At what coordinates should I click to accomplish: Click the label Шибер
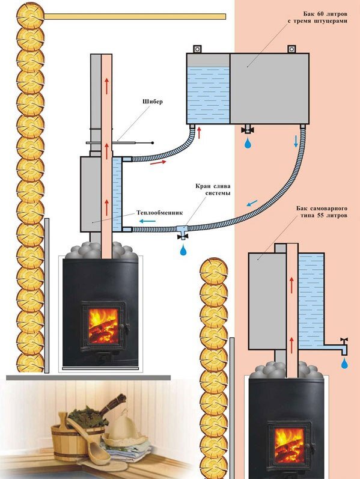tap(153, 102)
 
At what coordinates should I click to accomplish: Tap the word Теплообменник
tap(159, 213)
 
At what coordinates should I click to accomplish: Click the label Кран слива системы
tap(213, 189)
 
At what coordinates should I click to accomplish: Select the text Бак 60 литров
tap(325, 14)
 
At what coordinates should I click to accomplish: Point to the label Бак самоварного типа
tap(322, 212)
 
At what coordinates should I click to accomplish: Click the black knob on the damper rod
tap(153, 142)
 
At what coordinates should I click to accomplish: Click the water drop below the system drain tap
tap(183, 250)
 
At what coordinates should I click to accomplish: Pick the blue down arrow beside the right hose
tap(296, 141)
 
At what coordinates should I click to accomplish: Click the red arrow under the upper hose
tap(158, 162)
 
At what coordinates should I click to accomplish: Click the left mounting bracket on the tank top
tap(197, 49)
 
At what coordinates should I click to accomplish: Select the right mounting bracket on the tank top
tap(291, 49)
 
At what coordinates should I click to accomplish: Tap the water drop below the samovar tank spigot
tap(344, 364)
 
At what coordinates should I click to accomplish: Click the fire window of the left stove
tap(103, 326)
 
